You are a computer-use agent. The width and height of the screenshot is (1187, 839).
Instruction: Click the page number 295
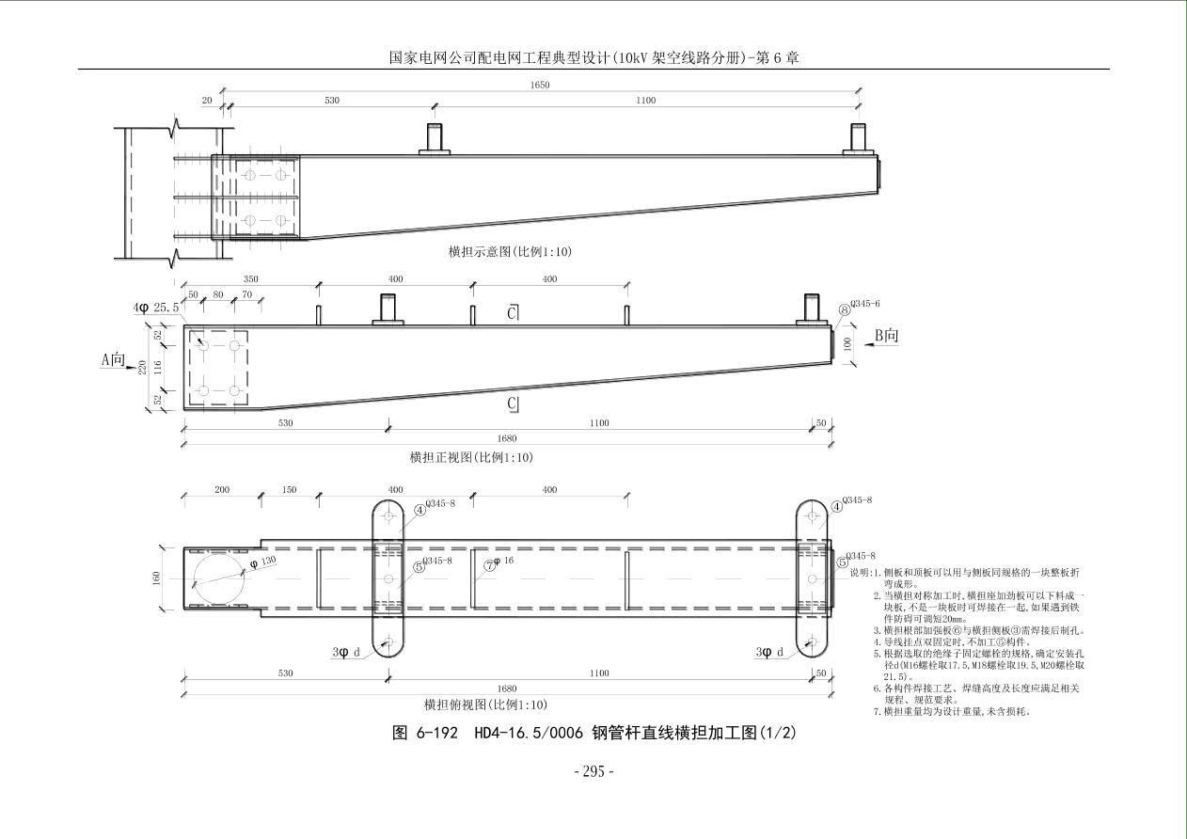click(593, 772)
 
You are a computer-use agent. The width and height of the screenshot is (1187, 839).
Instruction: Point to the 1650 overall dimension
click(539, 85)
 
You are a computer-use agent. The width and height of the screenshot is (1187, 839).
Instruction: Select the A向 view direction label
click(114, 358)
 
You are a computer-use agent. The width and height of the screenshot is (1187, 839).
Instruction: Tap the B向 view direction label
click(886, 335)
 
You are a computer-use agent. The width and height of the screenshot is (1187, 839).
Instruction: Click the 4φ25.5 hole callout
click(155, 308)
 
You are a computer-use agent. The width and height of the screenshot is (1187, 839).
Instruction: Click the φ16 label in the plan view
click(503, 562)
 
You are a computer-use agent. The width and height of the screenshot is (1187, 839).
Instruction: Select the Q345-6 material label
click(863, 304)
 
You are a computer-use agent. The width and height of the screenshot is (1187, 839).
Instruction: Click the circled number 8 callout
click(845, 309)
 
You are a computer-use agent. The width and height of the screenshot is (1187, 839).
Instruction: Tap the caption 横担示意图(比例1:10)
click(510, 252)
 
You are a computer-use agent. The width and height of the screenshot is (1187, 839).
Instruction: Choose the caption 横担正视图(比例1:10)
click(470, 458)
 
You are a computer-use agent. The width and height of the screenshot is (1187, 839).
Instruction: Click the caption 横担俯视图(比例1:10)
click(485, 704)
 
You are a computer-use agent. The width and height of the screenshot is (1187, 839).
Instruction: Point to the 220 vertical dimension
click(143, 367)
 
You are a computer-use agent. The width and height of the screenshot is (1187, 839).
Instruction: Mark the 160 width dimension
click(156, 578)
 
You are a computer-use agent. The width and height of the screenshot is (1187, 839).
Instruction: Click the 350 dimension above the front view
click(250, 279)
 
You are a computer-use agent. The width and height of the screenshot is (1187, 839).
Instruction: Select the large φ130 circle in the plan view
click(220, 578)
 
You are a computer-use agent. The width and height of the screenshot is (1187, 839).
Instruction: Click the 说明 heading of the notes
click(860, 572)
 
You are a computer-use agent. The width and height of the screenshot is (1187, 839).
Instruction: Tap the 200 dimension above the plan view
click(222, 490)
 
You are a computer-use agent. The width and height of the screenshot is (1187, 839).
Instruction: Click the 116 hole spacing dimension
click(157, 366)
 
